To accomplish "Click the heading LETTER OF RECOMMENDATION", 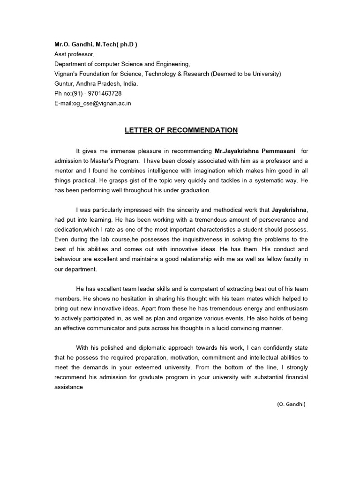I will point(181,130).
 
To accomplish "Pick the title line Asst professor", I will point(74,54).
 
